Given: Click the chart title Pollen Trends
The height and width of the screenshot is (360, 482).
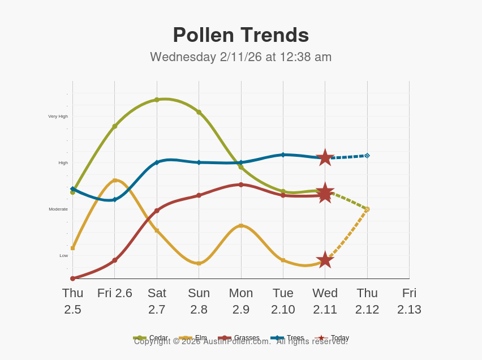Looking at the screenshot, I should (240, 35).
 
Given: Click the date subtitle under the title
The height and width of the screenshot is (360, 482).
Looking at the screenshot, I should (240, 57).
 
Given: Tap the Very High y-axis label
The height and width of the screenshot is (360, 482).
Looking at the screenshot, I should (58, 117).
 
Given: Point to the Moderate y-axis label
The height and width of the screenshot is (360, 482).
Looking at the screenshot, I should (58, 209).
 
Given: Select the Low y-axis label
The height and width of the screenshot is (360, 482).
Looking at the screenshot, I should (63, 256).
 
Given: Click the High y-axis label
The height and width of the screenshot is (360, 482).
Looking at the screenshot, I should (63, 163).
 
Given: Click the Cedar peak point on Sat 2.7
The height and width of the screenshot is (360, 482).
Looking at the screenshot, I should (157, 100).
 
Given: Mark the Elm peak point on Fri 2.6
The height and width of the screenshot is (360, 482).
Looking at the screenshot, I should (115, 181).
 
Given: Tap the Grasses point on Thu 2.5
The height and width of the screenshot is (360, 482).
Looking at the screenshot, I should (72, 278).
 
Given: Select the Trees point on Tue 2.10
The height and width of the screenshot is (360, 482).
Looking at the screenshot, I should (283, 155).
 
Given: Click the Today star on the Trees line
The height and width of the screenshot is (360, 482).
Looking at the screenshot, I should (325, 157).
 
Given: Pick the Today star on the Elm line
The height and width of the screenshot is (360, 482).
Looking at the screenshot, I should (325, 260).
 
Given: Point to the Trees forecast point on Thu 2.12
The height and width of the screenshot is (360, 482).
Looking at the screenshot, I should (367, 155).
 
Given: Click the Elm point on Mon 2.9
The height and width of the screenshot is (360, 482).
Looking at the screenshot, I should (241, 226).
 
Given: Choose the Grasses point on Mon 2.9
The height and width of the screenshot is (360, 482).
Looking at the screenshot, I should (241, 185).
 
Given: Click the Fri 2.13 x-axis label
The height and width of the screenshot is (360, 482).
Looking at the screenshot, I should (409, 301).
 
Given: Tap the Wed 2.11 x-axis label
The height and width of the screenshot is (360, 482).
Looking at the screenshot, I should (325, 301).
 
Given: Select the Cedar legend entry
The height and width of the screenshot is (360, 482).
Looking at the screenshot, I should (151, 338).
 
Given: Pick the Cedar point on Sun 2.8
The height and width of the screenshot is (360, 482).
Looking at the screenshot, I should (199, 112).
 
